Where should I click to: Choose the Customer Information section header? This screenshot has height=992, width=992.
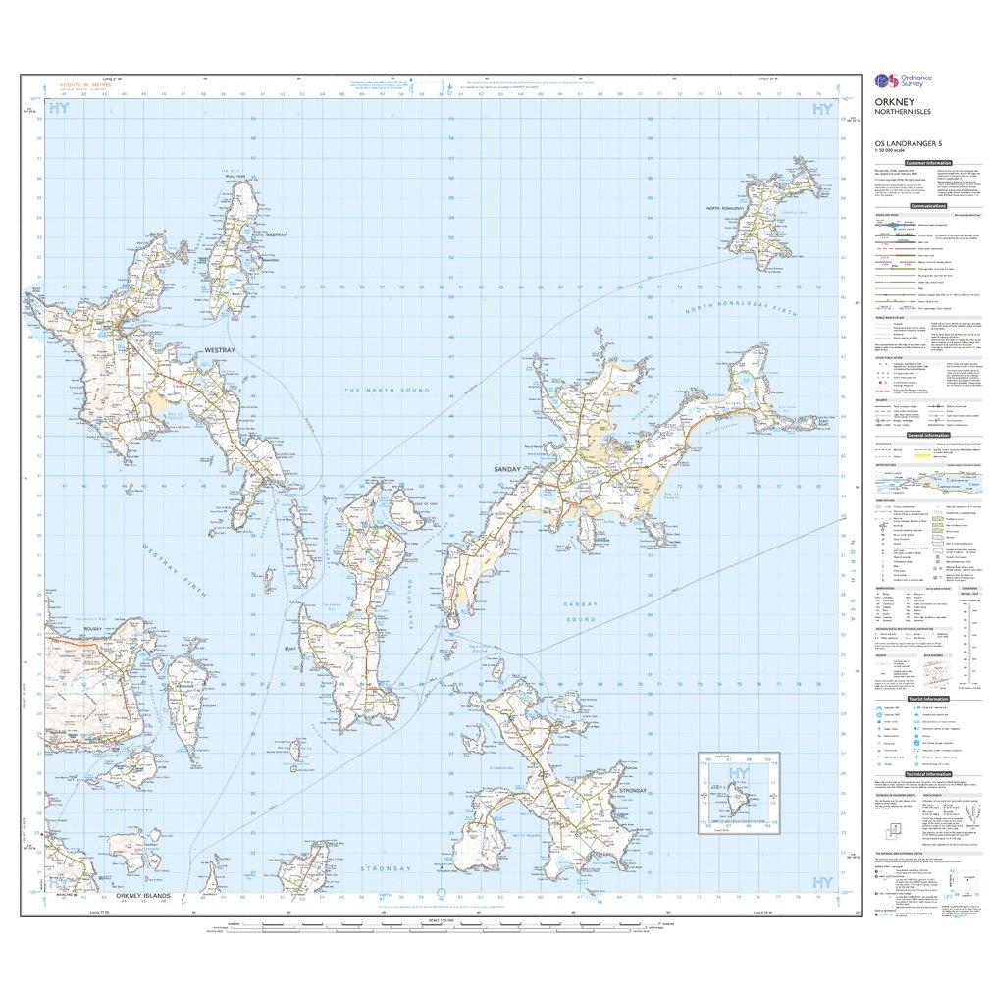click(x=927, y=162)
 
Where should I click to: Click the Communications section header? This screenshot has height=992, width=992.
click(x=927, y=206)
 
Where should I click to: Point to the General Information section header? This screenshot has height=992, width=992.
click(x=927, y=435)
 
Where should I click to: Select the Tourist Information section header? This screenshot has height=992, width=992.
click(x=927, y=697)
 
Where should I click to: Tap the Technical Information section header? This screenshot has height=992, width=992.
click(x=927, y=774)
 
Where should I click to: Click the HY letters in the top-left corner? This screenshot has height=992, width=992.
click(x=59, y=109)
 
